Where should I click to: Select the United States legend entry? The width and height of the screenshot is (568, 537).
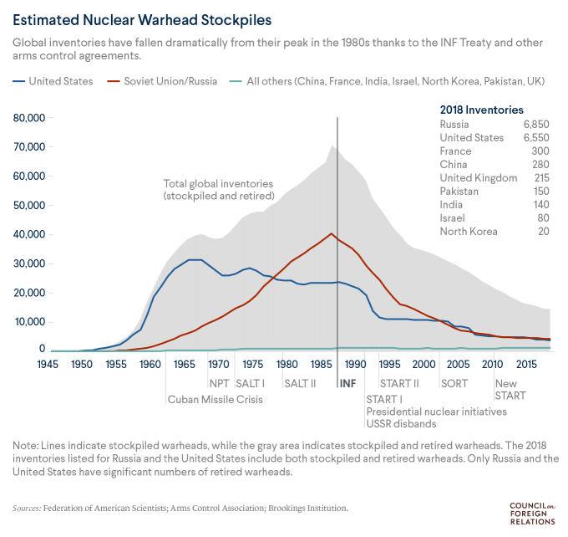[53, 81]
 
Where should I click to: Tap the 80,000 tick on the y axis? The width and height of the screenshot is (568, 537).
[28, 118]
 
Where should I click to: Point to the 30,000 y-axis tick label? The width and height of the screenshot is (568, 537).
[28, 263]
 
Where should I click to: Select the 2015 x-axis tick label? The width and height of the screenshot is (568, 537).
[526, 365]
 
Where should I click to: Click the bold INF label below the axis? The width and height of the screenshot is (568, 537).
[348, 383]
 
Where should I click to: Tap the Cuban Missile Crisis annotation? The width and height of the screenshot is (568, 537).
[216, 399]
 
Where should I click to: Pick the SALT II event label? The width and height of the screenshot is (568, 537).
[299, 383]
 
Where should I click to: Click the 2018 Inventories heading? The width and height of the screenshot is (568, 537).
[481, 110]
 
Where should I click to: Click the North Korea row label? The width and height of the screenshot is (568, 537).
[469, 232]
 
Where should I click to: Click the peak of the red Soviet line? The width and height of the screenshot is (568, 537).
[332, 233]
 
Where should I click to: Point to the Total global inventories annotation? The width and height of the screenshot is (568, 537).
[218, 190]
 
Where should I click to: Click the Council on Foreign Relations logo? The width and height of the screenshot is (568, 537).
[531, 514]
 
